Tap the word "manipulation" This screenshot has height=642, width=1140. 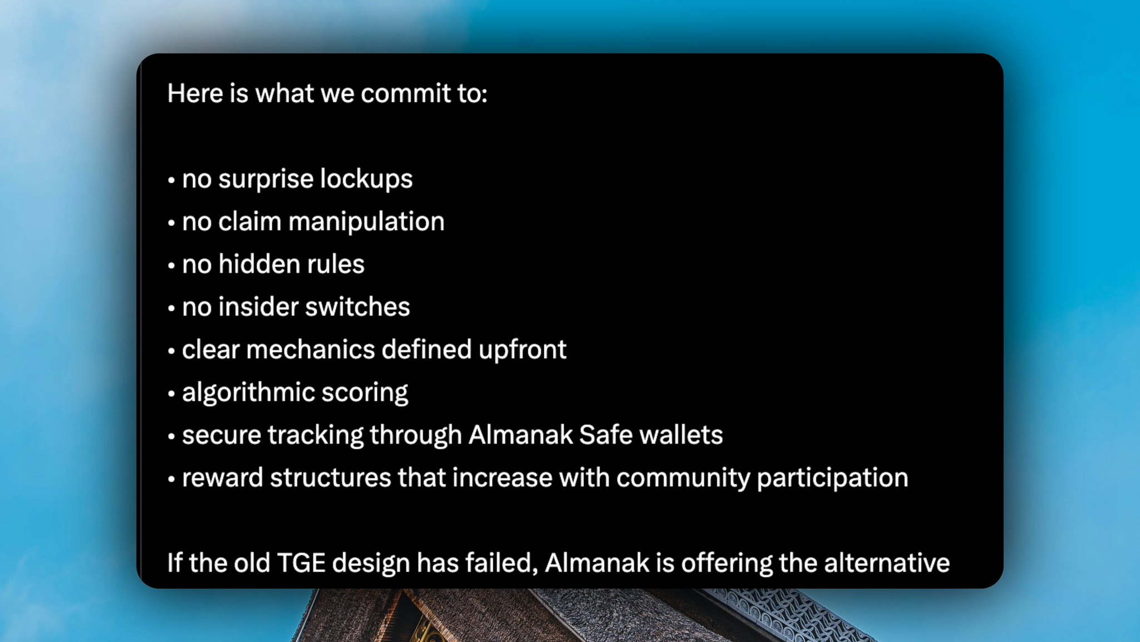366,222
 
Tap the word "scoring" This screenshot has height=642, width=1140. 365,393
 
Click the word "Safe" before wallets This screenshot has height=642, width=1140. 606,435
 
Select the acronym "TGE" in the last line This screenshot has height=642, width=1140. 301,563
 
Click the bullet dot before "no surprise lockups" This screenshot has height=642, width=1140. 171,180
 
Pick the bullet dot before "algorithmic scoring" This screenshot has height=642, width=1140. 171,394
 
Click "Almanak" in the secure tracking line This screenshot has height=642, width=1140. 520,435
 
